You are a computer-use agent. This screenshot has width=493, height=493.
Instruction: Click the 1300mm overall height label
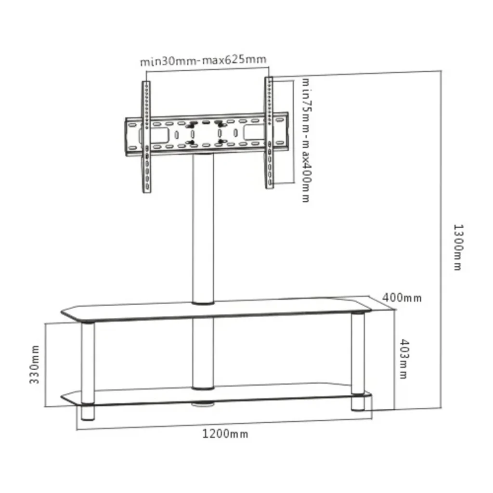(458, 247)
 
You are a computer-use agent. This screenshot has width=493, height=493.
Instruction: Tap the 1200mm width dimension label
(225, 434)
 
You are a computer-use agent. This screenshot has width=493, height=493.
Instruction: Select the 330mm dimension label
(35, 364)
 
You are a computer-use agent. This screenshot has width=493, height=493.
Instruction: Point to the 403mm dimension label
(404, 359)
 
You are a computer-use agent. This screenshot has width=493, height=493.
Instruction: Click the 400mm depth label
(402, 298)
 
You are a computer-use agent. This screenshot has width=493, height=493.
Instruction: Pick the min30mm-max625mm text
(203, 60)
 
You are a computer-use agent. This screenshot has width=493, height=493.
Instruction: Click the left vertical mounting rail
(146, 137)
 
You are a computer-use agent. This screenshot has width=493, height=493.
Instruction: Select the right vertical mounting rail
(269, 133)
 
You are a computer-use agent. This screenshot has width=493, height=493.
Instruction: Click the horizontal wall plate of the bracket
(207, 134)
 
